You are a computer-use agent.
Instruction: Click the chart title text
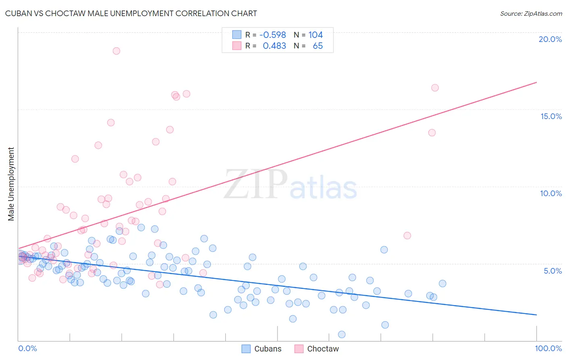coord(131,13)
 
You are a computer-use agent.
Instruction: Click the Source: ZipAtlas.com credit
coord(531,13)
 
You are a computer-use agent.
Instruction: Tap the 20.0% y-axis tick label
coord(550,39)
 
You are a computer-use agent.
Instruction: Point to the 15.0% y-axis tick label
coord(551,116)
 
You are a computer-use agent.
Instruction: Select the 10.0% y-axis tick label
coord(551,193)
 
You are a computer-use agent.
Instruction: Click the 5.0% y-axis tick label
coord(552,271)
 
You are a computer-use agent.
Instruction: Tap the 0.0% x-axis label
coord(27,348)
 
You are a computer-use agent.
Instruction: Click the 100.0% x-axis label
coord(548,348)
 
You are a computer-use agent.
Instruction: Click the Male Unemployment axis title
coord(11,184)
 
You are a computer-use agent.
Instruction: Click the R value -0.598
coord(273,35)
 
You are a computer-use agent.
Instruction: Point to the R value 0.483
coord(274,46)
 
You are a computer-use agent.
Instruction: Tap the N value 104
coord(315,35)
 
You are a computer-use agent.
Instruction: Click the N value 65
coord(318,46)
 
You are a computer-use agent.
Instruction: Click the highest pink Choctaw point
coord(117,51)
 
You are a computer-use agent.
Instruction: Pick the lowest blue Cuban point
coord(342,335)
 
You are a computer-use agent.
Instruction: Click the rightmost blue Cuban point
coord(442,283)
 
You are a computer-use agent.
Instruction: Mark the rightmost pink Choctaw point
coord(435,88)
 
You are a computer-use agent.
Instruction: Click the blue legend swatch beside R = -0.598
coord(237,35)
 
